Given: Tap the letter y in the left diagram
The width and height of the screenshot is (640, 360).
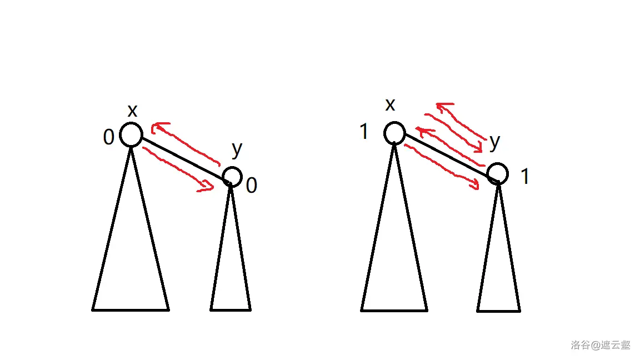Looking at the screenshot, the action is click(x=237, y=150).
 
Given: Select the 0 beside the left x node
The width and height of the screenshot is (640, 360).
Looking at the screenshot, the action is click(x=108, y=137).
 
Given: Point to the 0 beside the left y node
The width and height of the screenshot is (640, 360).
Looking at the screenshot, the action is click(x=252, y=186).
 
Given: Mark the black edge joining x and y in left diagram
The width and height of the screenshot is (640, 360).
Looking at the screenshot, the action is click(x=183, y=159).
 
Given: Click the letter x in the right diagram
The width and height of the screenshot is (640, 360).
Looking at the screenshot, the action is click(x=390, y=105).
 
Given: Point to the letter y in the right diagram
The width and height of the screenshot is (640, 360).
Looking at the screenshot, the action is click(x=494, y=143).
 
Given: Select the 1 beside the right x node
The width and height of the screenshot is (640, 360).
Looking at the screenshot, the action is click(x=364, y=132).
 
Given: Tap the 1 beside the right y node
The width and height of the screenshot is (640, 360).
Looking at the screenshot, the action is click(x=526, y=177).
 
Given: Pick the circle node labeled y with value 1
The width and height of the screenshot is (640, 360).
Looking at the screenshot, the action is click(x=498, y=164).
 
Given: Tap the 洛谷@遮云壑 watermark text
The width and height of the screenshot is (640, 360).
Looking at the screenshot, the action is click(x=601, y=345).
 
